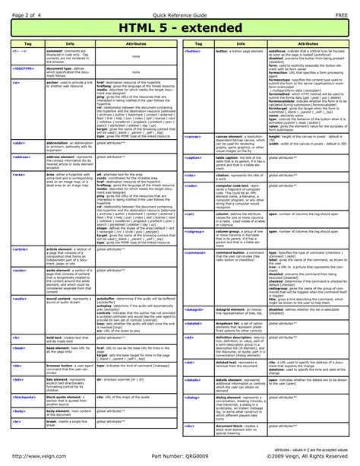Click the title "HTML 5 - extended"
click(x=180, y=29)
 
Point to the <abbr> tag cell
click(x=20, y=142)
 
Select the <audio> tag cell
click(x=20, y=300)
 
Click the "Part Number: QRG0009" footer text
click(x=180, y=455)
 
